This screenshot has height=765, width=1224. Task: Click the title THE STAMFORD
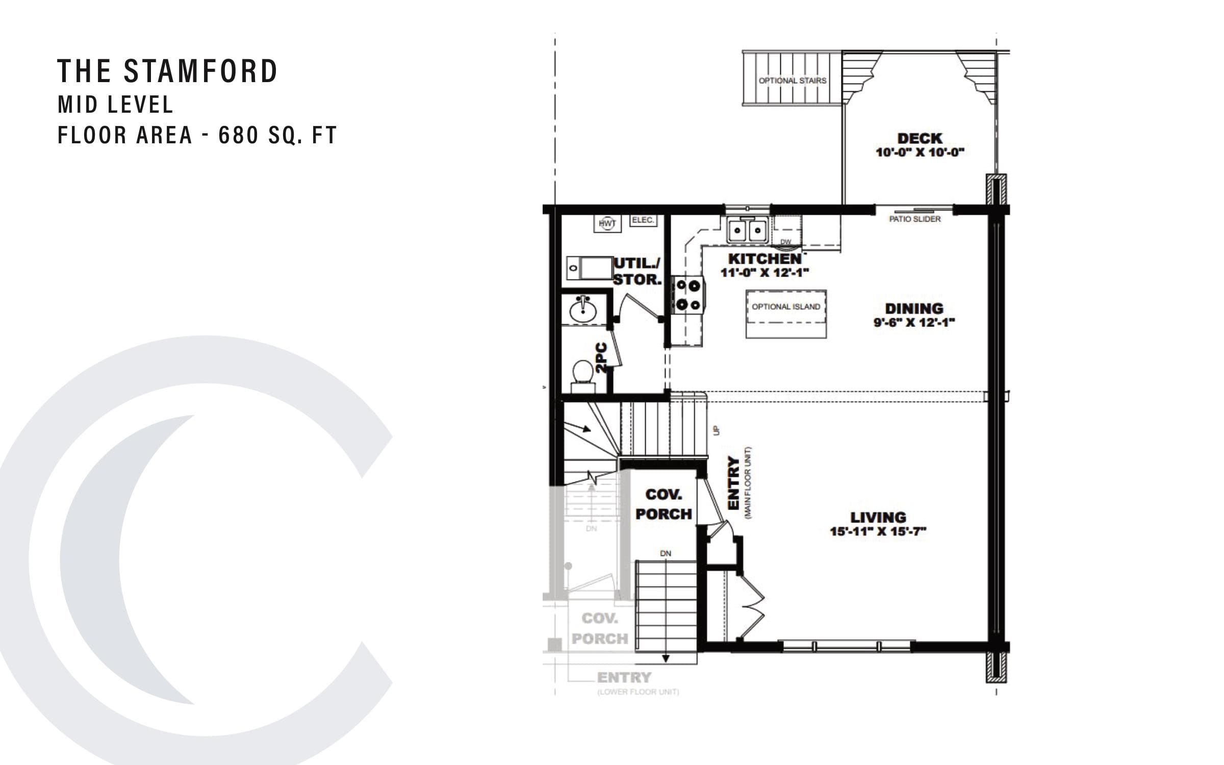coord(167,71)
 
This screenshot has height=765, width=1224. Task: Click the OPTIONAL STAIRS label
coord(792,81)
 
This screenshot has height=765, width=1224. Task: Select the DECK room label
coord(920,138)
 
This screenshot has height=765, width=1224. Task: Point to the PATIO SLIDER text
coord(914,219)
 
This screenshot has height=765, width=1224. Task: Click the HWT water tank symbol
coord(607,223)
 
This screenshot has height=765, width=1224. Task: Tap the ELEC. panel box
coord(643,220)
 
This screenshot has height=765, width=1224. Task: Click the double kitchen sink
coord(747,230)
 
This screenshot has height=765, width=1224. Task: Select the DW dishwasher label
coord(786,242)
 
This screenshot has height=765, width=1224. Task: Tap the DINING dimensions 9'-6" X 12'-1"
coord(913,322)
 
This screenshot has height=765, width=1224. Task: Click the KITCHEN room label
coord(764,259)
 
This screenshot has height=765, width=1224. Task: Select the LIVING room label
coord(878,517)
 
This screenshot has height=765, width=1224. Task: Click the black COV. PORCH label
coord(664,504)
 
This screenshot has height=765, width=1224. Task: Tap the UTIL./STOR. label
coord(637,271)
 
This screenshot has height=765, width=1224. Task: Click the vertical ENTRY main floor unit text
coord(733,482)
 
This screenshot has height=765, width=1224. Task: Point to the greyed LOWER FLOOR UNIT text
coord(638,692)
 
